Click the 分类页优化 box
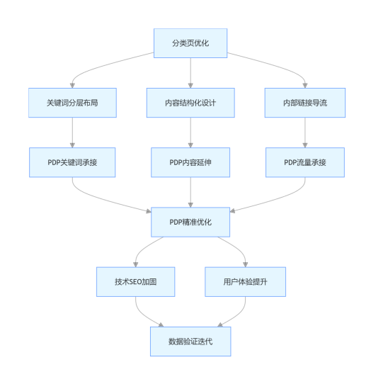click(x=190, y=43)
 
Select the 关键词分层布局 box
click(x=72, y=103)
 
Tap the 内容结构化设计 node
click(x=190, y=103)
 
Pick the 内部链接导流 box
click(x=305, y=103)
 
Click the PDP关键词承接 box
click(x=72, y=162)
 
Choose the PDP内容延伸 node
click(x=190, y=162)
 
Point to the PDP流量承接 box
click(x=305, y=162)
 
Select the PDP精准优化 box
click(x=190, y=222)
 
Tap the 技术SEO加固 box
click(x=136, y=282)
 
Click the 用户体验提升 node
click(x=246, y=282)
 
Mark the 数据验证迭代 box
click(x=190, y=342)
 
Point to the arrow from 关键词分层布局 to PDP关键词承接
click(x=72, y=133)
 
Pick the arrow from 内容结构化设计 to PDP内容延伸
click(x=190, y=133)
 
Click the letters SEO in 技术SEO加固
click(x=135, y=282)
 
